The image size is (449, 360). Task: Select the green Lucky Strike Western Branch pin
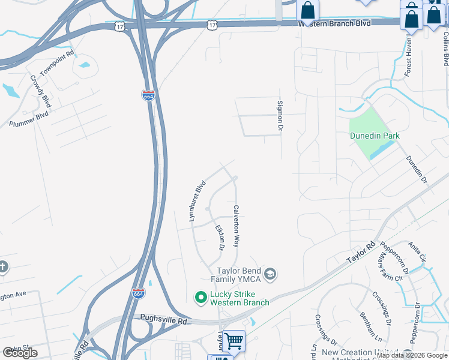pos(201,297)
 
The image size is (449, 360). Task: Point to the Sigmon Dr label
pos(280,115)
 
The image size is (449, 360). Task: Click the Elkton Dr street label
pos(220,237)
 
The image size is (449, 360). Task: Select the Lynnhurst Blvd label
pos(197,201)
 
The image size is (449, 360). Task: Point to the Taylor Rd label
pos(361,254)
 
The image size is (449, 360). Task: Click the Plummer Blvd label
pos(29,119)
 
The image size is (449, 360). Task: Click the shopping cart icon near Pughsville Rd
pos(235,340)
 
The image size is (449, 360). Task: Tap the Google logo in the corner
pos(20,352)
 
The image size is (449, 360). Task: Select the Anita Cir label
pos(417,253)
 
